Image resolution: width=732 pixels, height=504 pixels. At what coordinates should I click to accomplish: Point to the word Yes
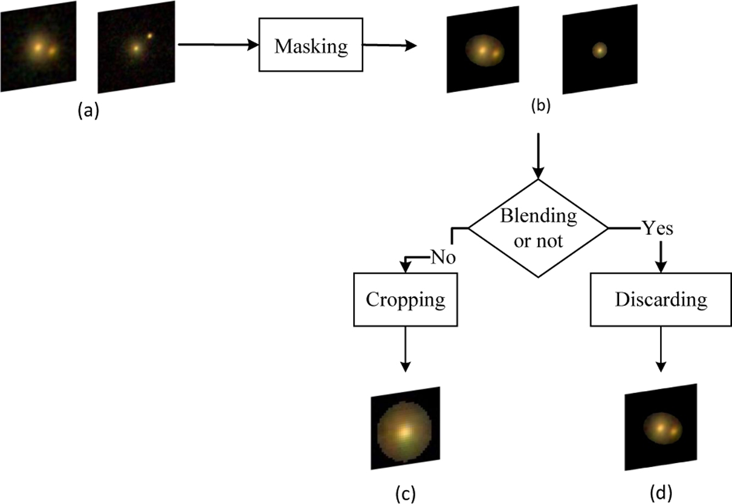657,229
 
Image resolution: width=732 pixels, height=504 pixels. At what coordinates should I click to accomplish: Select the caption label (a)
88,111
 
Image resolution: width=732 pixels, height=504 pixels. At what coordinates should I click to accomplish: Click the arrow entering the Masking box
217,44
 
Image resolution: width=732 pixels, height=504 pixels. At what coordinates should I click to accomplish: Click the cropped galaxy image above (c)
404,428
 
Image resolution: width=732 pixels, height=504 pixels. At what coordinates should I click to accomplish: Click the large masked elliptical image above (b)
484,49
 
